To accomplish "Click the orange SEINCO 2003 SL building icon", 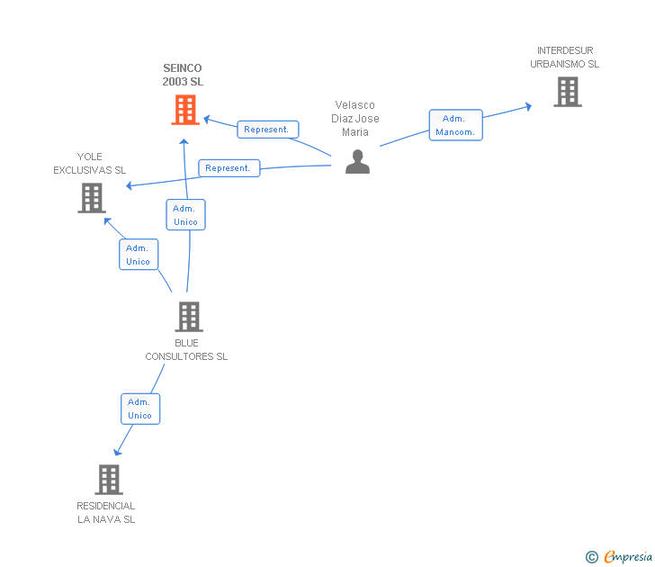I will [184, 110].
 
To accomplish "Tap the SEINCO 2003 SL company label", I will [183, 75].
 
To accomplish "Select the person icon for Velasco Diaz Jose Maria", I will [358, 161].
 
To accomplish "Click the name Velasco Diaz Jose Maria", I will [354, 119].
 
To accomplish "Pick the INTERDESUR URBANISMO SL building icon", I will [567, 92].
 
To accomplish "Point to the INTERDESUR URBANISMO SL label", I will [565, 58].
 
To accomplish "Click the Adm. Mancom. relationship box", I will [455, 126].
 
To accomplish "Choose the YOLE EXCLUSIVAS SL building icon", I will [92, 198].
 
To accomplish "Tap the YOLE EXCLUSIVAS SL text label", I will [89, 164].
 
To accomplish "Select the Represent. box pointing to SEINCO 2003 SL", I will [267, 130].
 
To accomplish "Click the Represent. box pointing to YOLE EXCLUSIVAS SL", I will [229, 168].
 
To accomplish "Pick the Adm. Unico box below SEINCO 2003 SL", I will [185, 215].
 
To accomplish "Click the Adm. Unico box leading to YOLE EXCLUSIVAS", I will [139, 255].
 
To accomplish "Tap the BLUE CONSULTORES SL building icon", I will [188, 317].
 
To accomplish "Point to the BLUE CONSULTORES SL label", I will [186, 349].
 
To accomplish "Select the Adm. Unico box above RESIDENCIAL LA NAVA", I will [140, 409].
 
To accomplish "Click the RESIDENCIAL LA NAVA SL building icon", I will [109, 480].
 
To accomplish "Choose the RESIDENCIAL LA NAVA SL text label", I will [106, 513].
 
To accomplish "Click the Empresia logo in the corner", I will [628, 557].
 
